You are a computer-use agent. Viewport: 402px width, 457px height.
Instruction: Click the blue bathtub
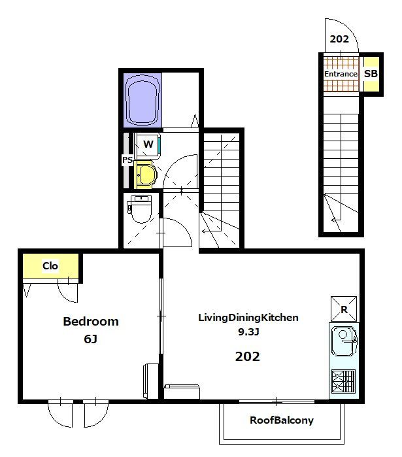(142, 100)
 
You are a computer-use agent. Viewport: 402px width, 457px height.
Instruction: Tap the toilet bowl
(141, 209)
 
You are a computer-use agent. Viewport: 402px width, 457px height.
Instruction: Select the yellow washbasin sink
(146, 175)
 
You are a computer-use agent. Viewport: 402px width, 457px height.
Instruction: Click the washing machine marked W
(148, 145)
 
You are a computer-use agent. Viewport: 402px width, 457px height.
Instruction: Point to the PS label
(127, 160)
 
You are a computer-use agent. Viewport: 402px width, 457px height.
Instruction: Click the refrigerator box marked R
(344, 309)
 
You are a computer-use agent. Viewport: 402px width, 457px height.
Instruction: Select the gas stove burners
(344, 382)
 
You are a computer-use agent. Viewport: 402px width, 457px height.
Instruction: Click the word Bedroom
(91, 322)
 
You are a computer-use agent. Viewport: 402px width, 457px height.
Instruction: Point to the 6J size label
(91, 339)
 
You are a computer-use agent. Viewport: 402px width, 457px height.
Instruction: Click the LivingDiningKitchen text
(248, 317)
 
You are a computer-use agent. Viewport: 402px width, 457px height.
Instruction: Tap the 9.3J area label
(248, 331)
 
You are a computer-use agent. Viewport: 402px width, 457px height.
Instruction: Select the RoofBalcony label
(282, 420)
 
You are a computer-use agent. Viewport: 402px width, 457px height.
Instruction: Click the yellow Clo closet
(50, 266)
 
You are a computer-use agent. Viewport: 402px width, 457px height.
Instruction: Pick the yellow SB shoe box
(371, 74)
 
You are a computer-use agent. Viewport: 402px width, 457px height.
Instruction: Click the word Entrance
(341, 74)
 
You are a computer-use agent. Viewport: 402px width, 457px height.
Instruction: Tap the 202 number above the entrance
(339, 39)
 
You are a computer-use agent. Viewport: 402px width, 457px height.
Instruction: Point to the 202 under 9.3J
(247, 356)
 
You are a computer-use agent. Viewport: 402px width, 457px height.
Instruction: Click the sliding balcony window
(276, 401)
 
